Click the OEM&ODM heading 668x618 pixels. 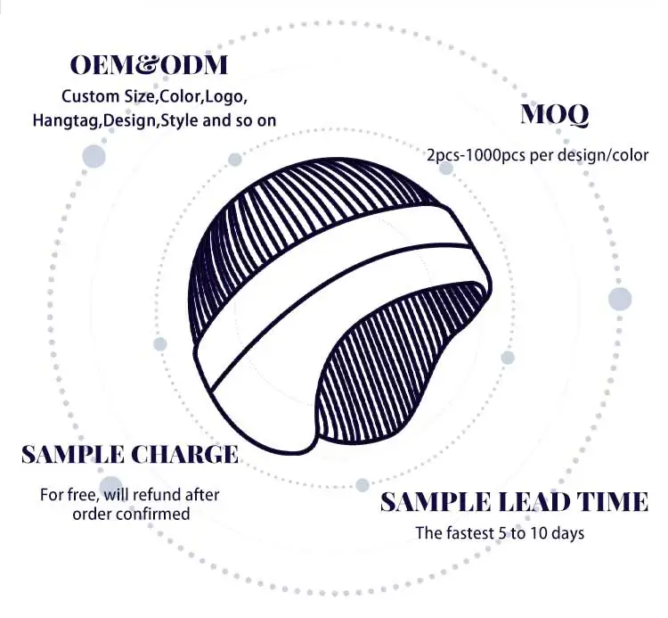[150, 65]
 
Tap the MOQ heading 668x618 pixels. [554, 115]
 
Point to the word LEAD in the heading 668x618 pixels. [531, 503]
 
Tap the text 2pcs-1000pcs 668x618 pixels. [476, 155]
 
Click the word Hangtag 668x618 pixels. [67, 119]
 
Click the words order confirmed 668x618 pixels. [131, 514]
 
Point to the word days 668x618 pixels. [566, 533]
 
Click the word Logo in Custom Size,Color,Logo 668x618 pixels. [226, 95]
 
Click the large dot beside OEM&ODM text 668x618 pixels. [94, 156]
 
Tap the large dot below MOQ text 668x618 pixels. [620, 299]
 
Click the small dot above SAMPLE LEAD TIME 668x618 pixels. [363, 485]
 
